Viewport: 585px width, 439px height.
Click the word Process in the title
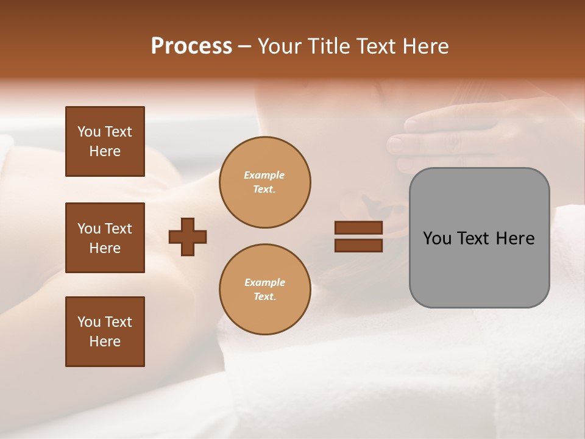pos(191,46)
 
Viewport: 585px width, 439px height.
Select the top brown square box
pos(105,141)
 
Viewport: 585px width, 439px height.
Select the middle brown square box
pos(105,238)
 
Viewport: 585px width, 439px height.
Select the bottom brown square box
pos(105,332)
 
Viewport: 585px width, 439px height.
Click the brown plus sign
pos(188,237)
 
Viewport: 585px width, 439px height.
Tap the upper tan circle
pos(264,182)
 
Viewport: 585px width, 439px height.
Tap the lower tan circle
pos(264,290)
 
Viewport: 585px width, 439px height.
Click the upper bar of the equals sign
pos(358,228)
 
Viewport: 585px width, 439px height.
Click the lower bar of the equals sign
pos(358,245)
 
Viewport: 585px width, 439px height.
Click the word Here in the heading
pos(425,46)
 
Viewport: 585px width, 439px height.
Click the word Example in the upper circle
pos(264,175)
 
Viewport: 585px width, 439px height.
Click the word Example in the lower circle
pos(264,282)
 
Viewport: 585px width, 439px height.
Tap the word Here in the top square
pos(105,151)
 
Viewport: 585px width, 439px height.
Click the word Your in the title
pos(280,46)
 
